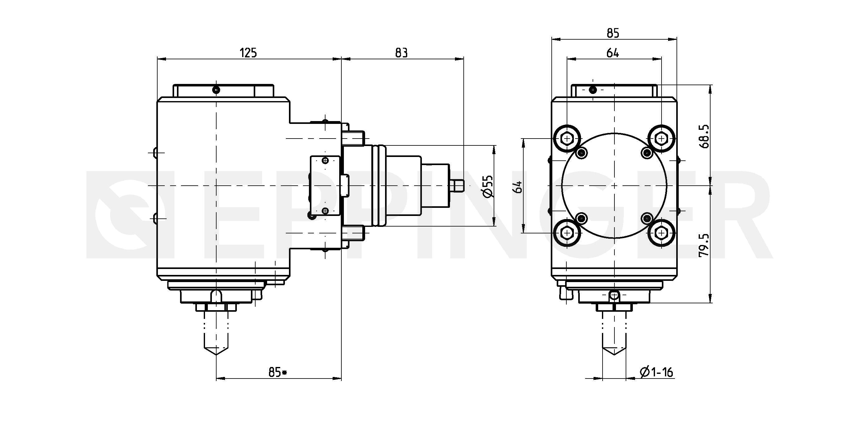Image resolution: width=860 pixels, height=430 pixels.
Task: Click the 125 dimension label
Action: click(248, 53)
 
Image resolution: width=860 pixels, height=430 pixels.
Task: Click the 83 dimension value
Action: click(401, 53)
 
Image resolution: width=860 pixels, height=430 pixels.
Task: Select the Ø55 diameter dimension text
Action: click(488, 186)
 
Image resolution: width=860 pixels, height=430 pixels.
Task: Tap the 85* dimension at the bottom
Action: click(278, 372)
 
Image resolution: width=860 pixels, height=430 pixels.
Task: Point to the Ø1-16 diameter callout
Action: click(656, 372)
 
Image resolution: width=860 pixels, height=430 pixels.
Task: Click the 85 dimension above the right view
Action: click(613, 33)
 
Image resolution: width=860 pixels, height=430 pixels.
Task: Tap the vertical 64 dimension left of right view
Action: click(519, 187)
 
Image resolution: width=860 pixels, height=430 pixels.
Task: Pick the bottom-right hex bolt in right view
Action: click(661, 233)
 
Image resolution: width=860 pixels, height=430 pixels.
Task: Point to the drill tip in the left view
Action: click(216, 354)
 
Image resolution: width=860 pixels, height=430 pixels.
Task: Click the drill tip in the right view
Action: click(614, 354)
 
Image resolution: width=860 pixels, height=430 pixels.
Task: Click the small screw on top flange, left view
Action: click(216, 90)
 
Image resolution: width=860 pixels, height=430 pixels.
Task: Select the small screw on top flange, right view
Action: click(593, 90)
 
